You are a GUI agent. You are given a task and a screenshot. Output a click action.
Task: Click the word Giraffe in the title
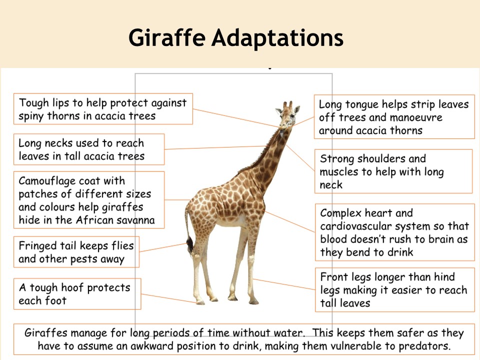[167, 37]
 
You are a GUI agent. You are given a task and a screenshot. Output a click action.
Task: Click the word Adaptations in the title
[277, 37]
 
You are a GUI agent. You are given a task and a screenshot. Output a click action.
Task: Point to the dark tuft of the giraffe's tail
[190, 245]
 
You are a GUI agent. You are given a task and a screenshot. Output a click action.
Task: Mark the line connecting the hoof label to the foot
[168, 298]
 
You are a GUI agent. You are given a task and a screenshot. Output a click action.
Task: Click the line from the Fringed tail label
[163, 247]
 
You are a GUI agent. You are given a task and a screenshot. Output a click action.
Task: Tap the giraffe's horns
[287, 104]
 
